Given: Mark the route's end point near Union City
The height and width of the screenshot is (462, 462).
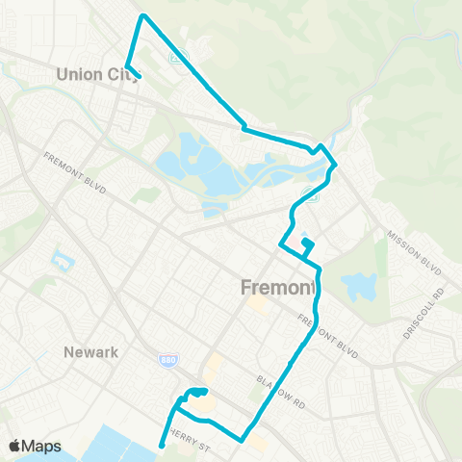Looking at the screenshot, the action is [140, 76].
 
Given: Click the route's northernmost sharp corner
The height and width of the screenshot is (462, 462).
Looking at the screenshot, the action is [143, 15].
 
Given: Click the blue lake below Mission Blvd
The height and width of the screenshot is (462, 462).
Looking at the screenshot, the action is [359, 285].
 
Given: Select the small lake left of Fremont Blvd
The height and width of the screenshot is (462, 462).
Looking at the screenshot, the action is [63, 260].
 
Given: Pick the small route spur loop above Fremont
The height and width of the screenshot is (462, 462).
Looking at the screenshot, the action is [307, 245].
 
